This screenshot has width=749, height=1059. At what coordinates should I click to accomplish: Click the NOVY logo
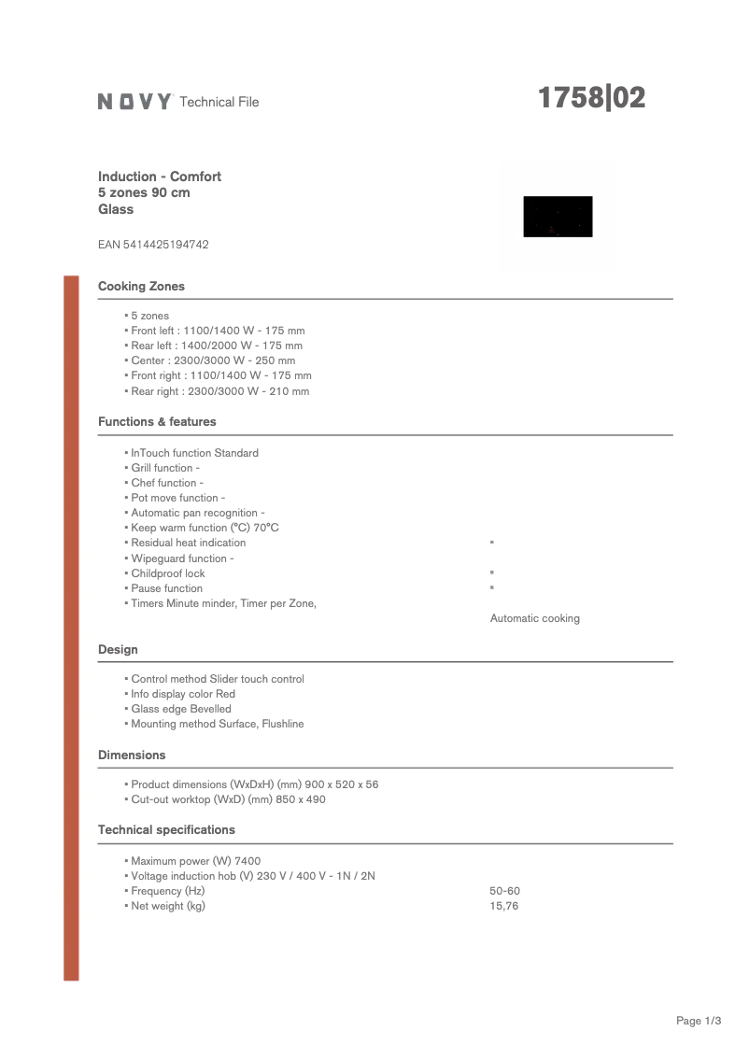(x=134, y=102)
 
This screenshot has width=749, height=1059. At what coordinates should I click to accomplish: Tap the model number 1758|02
(x=591, y=98)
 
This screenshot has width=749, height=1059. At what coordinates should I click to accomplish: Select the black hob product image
(x=558, y=217)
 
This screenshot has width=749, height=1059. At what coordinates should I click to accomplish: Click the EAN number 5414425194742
(x=153, y=245)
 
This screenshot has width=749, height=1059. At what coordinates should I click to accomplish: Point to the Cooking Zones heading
(x=141, y=287)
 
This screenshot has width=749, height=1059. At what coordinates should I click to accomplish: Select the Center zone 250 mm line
(x=213, y=360)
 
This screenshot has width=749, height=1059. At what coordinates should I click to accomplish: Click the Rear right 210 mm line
(x=219, y=391)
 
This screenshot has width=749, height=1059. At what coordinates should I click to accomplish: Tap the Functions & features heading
(x=157, y=422)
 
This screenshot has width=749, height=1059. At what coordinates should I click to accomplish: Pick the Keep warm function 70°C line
(x=205, y=528)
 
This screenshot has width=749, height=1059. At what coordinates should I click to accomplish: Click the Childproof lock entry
(x=167, y=573)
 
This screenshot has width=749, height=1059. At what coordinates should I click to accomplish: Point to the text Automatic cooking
(x=534, y=618)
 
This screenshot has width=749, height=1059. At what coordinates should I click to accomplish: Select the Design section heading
(x=118, y=650)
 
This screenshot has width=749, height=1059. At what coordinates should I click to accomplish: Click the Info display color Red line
(x=183, y=694)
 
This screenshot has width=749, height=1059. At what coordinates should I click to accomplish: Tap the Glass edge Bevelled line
(x=180, y=709)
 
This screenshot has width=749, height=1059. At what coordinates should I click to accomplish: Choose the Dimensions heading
(x=132, y=755)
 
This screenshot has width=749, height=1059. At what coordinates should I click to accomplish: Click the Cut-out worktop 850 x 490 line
(x=228, y=799)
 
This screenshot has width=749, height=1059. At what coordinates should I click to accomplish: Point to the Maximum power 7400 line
(x=195, y=861)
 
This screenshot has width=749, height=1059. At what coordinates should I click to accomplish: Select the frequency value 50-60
(x=504, y=891)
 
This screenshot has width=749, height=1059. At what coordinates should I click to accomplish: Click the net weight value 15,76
(x=503, y=906)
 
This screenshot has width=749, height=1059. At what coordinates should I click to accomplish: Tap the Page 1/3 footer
(x=699, y=1021)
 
